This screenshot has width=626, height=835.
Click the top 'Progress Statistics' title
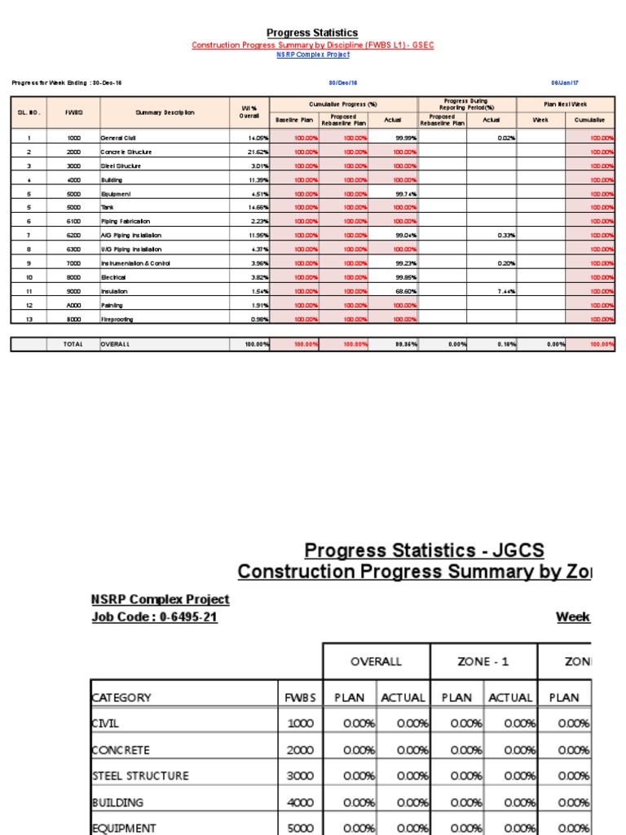[x=313, y=33]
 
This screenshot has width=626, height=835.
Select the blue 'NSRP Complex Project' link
[x=313, y=55]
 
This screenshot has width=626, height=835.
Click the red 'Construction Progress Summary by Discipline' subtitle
[x=313, y=45]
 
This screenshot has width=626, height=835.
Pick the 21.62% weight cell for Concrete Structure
[x=258, y=152]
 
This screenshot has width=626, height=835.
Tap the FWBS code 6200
[x=73, y=236]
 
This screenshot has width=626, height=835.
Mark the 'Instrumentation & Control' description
[x=135, y=263]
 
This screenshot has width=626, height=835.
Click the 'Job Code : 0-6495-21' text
[x=155, y=617]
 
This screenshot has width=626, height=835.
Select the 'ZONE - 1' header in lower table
[x=483, y=661]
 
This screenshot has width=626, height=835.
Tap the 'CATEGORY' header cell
[x=121, y=697]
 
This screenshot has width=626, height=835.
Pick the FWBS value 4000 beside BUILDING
[x=300, y=802]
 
